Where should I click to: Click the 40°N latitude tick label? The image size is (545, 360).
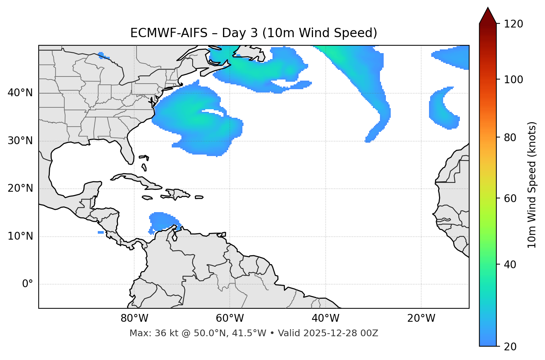tap(20, 93)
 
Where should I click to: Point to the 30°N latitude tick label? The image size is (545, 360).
tap(20, 141)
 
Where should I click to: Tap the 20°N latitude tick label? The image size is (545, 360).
tap(20, 188)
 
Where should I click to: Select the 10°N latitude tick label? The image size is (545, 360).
tap(20, 236)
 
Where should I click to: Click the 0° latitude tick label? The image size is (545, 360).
tap(28, 284)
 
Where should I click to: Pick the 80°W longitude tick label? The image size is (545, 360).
tap(134, 318)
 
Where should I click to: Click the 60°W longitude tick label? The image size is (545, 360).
tap(230, 318)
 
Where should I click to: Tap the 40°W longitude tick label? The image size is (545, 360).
tap(325, 318)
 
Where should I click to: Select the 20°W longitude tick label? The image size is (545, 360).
tap(421, 318)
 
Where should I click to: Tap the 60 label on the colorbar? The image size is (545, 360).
tap(510, 198)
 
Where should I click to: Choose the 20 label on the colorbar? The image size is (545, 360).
tap(510, 347)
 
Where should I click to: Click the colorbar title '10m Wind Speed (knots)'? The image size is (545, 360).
tap(532, 185)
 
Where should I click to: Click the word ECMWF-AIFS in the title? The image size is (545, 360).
tap(168, 33)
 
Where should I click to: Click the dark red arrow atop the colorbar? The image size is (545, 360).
tap(488, 16)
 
